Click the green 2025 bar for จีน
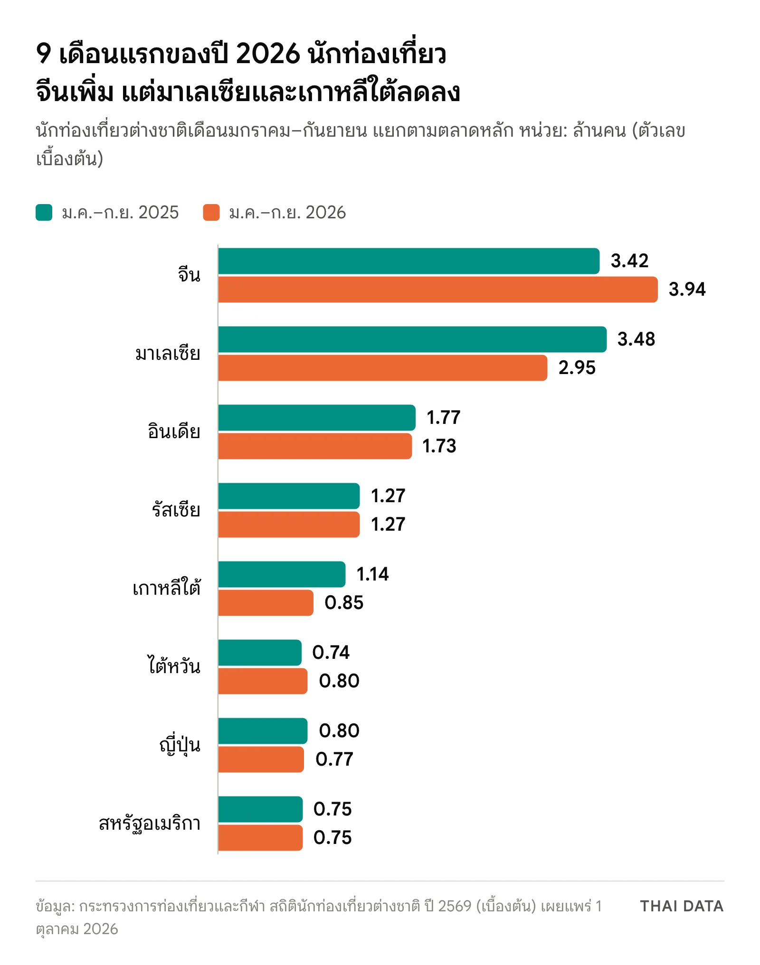pyautogui.click(x=409, y=261)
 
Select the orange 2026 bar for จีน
pyautogui.click(x=438, y=290)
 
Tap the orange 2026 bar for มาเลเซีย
pyautogui.click(x=383, y=368)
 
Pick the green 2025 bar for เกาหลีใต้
pyautogui.click(x=282, y=574)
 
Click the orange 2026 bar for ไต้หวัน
pyautogui.click(x=263, y=681)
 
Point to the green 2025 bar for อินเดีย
pyautogui.click(x=317, y=418)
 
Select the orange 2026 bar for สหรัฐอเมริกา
pyautogui.click(x=260, y=838)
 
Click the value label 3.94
pyautogui.click(x=687, y=290)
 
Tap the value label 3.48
pyautogui.click(x=636, y=339)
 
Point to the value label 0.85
pyautogui.click(x=344, y=603)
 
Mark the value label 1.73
pyautogui.click(x=439, y=446)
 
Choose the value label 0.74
pyautogui.click(x=331, y=653)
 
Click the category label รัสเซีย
pyautogui.click(x=176, y=509)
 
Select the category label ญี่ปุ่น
pyautogui.click(x=180, y=744)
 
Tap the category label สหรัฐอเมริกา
pyautogui.click(x=150, y=824)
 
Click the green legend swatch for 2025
pyautogui.click(x=44, y=213)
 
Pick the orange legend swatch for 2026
pyautogui.click(x=211, y=213)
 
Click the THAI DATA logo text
pyautogui.click(x=682, y=906)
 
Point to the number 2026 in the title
pyautogui.click(x=268, y=53)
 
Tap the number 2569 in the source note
pyautogui.click(x=455, y=906)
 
